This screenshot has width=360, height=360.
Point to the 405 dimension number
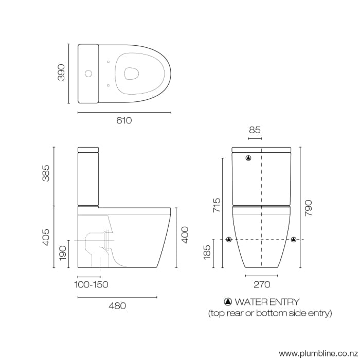coord(47,237)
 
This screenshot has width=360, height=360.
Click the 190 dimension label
coord(62,254)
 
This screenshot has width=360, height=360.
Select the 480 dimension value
coord(117,305)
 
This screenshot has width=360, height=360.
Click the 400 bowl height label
coord(185,235)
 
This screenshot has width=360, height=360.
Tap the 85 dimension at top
coord(255,130)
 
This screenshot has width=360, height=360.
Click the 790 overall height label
coord(308,208)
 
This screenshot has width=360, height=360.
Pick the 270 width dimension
coord(261,284)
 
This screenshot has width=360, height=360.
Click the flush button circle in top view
coord(88,74)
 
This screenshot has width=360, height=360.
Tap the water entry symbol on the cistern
coord(249,158)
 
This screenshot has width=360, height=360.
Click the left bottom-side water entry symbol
coord(229,240)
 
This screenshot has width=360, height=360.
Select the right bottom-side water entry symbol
coord(294,240)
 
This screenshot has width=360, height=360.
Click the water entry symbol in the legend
coord(228,302)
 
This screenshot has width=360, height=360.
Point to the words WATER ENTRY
coord(266,302)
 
